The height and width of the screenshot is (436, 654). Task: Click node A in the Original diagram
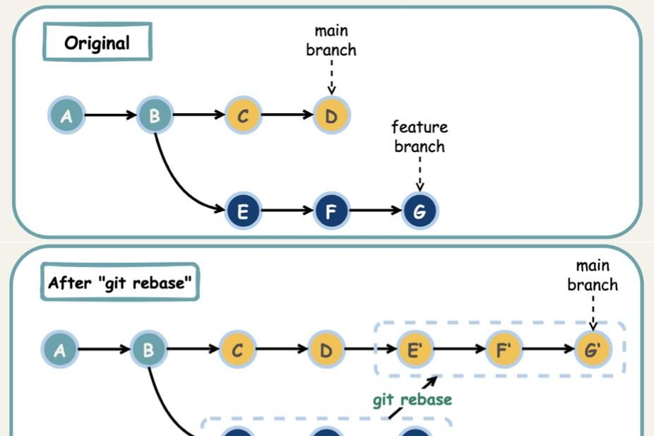66,115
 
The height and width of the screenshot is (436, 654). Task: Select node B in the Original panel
154,115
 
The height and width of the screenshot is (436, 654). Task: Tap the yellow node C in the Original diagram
243,115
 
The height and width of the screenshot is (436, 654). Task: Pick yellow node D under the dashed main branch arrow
331,115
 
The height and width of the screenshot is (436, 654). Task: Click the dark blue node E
243,211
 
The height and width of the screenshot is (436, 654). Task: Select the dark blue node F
331,211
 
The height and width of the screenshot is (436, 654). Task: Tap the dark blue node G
420,211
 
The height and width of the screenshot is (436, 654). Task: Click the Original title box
97,42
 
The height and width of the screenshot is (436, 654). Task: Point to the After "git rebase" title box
119,283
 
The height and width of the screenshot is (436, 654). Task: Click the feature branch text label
420,136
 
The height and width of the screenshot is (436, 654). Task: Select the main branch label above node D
331,40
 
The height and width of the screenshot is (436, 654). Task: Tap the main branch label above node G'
593,276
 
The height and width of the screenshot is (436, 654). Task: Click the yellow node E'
415,349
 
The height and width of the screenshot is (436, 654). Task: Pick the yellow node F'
504,349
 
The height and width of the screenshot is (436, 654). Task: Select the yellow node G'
592,349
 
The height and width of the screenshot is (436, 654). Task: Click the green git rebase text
412,400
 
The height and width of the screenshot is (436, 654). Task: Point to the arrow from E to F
287,211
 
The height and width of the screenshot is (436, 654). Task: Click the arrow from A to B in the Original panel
110,115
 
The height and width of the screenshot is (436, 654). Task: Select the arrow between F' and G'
548,349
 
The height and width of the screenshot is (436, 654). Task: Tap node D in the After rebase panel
326,349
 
